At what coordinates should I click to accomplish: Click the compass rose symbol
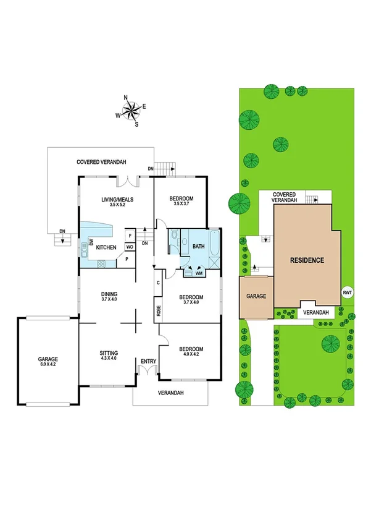[131, 110]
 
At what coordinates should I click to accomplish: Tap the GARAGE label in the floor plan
[48, 359]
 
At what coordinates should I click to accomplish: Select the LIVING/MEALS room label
[117, 199]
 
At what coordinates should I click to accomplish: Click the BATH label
[198, 246]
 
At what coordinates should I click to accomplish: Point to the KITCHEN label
[106, 247]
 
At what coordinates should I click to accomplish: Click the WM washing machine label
[199, 272]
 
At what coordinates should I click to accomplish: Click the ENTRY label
[148, 362]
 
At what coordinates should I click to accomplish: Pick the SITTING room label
[108, 352]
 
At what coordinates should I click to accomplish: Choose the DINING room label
[109, 294]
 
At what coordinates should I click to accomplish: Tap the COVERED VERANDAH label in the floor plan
[101, 162]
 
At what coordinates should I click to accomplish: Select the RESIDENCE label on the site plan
[307, 260]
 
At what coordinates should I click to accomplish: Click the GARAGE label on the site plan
[256, 297]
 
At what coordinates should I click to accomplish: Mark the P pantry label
[127, 260]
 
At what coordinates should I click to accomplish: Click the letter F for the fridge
[130, 235]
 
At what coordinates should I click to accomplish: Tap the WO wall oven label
[130, 247]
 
